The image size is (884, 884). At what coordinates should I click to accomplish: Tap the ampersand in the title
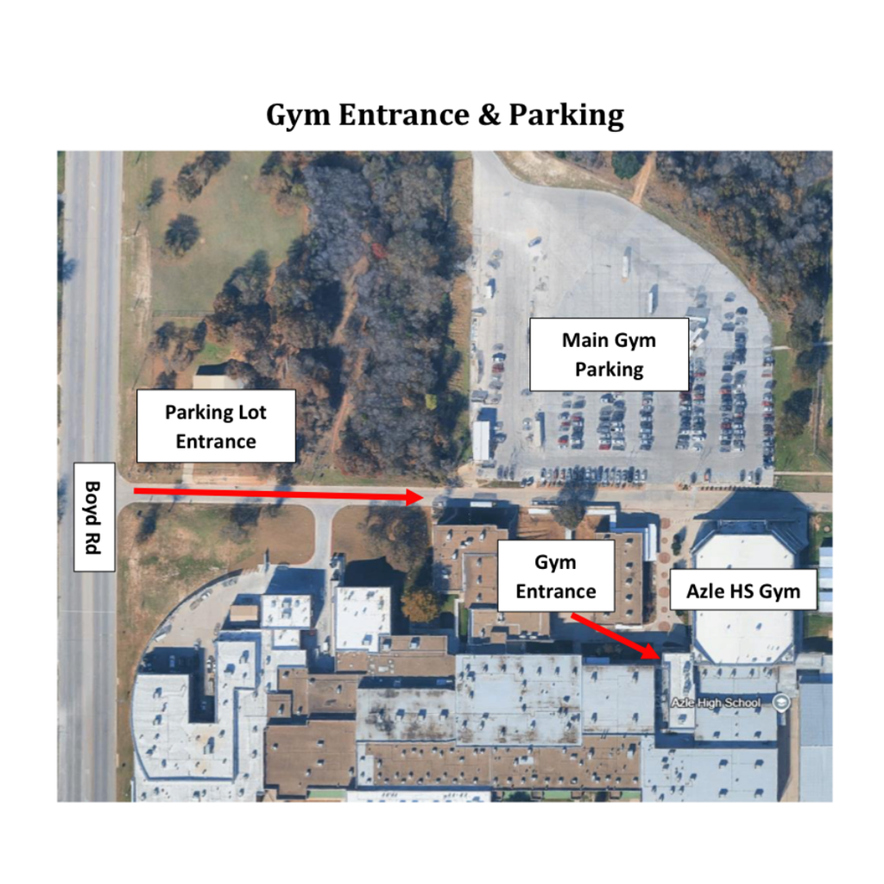click(487, 115)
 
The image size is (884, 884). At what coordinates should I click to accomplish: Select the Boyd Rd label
click(94, 516)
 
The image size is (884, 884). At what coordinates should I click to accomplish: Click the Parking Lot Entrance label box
click(216, 426)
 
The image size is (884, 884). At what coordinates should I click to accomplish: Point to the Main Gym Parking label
click(609, 354)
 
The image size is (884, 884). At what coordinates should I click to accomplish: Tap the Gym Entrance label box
click(555, 577)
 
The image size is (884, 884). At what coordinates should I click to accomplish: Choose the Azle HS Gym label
click(743, 591)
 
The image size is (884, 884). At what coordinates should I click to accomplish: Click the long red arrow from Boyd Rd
click(276, 494)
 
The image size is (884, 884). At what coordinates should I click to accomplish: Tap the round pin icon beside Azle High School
click(782, 702)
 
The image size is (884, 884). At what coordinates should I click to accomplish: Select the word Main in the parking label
click(584, 340)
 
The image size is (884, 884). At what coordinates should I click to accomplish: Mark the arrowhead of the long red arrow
click(413, 496)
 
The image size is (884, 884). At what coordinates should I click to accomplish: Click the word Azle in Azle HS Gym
click(705, 591)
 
